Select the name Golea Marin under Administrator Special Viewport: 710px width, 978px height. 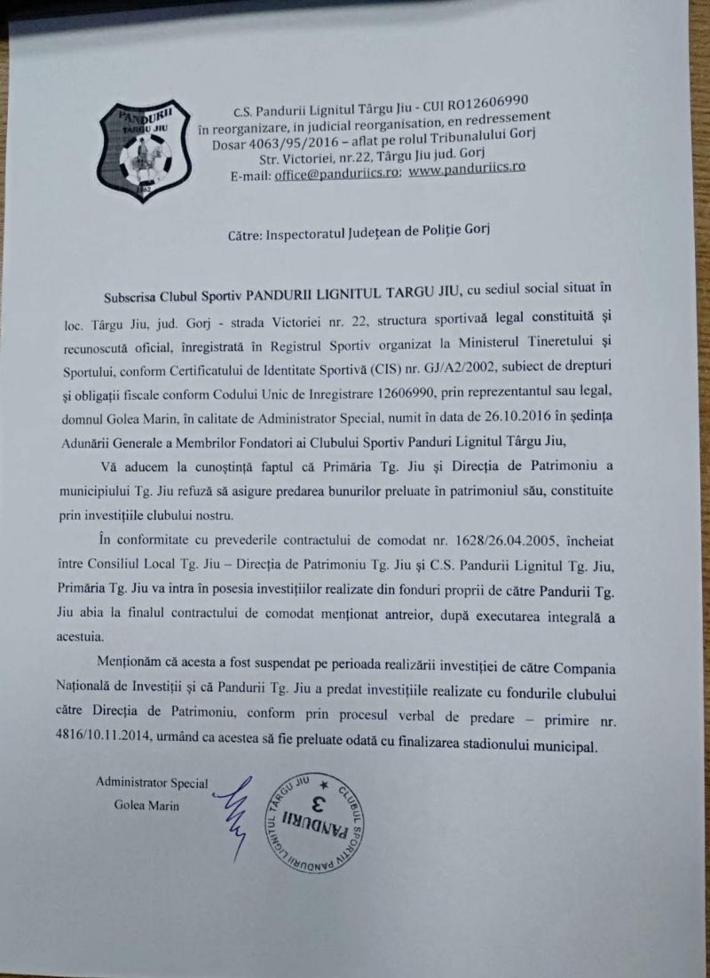pos(146,806)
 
